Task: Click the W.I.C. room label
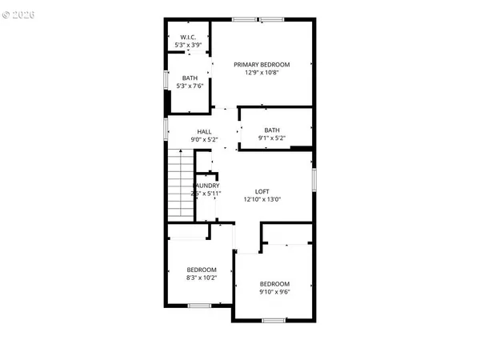188,37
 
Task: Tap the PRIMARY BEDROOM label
262,64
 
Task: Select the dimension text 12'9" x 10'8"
262,72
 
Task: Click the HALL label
204,131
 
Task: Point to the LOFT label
262,191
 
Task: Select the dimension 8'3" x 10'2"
202,278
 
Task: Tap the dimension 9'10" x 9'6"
274,292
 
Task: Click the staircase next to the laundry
180,186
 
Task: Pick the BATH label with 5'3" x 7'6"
189,78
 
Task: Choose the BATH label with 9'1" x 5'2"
272,130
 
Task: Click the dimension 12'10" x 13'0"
262,199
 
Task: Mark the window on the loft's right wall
314,179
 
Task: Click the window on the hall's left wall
166,128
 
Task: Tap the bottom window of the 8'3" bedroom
199,305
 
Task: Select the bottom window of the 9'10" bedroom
274,321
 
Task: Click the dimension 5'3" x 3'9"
188,45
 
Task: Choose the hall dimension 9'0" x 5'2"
204,139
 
